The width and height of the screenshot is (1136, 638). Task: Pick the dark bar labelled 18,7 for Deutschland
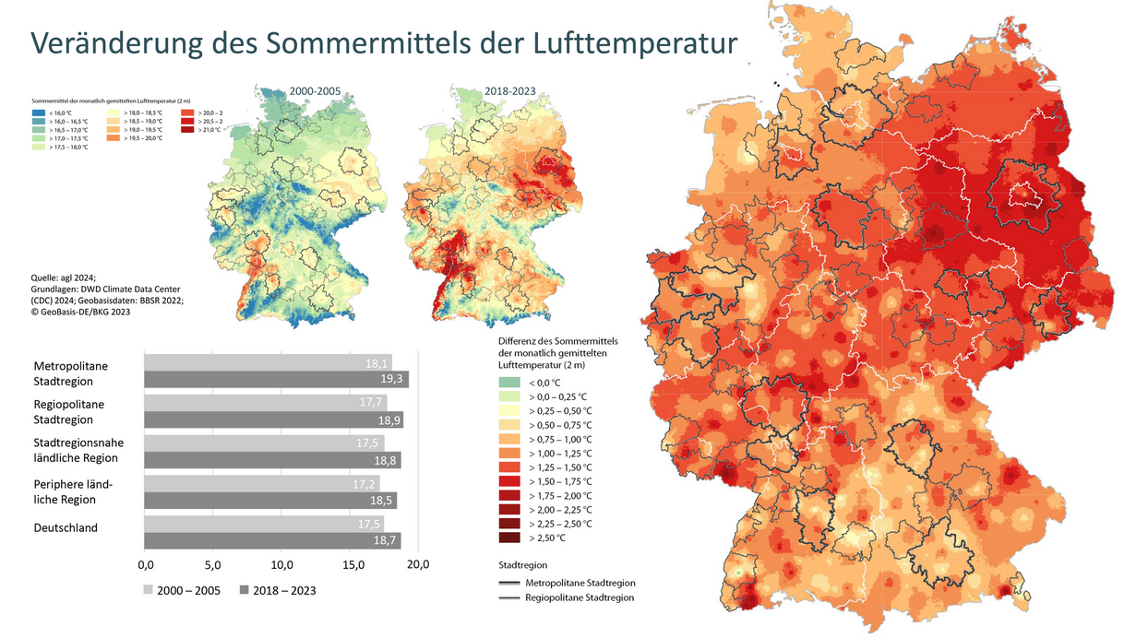tap(272, 540)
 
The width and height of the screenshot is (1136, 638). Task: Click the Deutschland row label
tap(66, 527)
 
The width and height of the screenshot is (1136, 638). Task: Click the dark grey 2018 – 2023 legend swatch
tap(245, 590)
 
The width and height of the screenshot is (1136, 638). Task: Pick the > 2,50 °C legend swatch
tap(508, 538)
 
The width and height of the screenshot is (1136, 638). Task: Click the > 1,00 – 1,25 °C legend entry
tap(559, 453)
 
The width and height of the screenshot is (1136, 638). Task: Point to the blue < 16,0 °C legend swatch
tap(39, 112)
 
